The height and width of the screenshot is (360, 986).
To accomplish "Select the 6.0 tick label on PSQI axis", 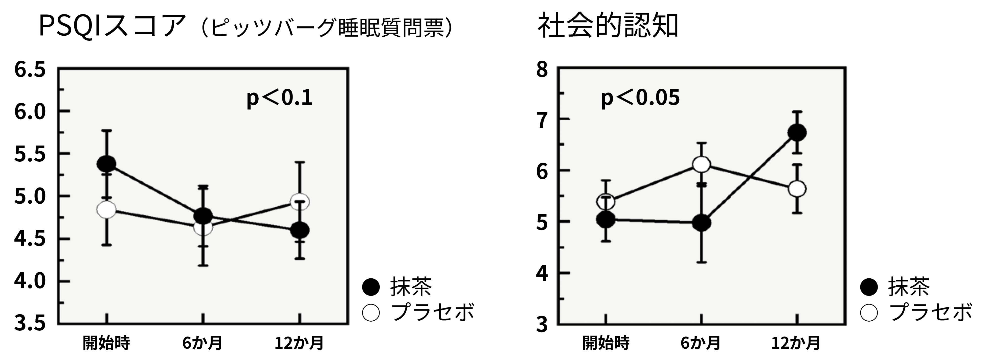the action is pos(30,111).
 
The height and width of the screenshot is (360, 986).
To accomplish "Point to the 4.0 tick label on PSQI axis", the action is pos(30,281).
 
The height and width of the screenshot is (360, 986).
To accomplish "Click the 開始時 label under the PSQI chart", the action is pos(106,343).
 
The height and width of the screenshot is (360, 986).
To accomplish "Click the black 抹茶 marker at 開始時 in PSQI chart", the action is pos(106,164).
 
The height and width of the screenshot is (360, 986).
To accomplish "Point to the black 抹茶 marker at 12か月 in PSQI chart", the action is pos(299,230).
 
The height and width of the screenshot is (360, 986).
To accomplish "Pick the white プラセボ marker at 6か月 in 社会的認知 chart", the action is pos(701,164).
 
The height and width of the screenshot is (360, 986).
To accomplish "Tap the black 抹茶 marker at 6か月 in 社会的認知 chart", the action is pos(701,223).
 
